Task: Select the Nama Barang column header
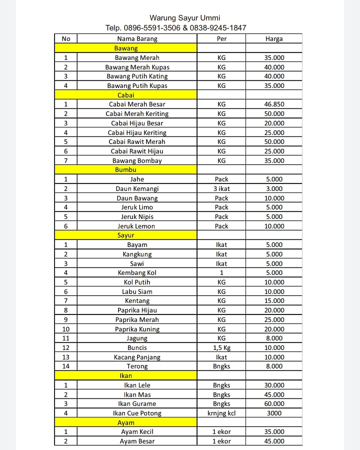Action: point(137,38)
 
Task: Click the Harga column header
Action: point(274,38)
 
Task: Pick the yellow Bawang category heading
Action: point(126,48)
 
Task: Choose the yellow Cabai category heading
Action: point(126,95)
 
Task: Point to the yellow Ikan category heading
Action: point(126,375)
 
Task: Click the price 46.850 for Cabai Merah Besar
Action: point(274,104)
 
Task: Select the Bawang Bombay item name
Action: point(137,160)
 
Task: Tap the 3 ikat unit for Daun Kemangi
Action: point(221,188)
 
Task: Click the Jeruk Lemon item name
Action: point(136,226)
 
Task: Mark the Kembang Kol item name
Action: point(137,273)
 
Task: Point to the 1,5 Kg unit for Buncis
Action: point(221,347)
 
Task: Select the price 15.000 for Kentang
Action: point(274,301)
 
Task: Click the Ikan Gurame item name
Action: point(137,403)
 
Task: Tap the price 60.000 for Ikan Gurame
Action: point(274,403)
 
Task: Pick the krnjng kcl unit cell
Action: point(221,413)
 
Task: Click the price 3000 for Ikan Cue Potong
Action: point(274,413)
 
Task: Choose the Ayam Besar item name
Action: point(137,441)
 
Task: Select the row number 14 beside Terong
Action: point(66,366)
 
